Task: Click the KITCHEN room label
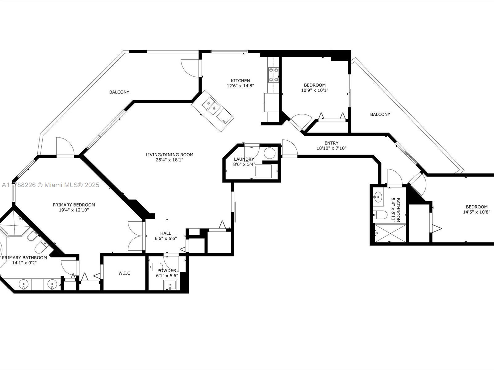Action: tap(240, 80)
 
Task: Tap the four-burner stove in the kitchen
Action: tap(274, 75)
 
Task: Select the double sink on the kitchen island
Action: tap(211, 106)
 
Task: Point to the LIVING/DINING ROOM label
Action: tap(169, 154)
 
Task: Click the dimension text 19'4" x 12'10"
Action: tap(74, 210)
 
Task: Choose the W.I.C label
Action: tap(124, 273)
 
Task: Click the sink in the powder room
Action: tap(170, 285)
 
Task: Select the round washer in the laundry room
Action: tap(270, 153)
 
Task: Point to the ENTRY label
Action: tap(331, 143)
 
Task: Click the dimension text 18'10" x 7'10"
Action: tap(331, 148)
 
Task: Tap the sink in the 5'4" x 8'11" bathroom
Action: tap(378, 197)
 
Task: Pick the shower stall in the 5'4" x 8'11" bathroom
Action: tap(390, 233)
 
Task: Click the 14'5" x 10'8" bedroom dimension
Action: tap(476, 212)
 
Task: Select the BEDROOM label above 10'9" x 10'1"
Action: tap(315, 85)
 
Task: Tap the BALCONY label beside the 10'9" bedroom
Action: tap(380, 114)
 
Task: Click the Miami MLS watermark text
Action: tap(50, 185)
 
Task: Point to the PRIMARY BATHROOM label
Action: tap(24, 257)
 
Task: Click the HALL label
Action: tap(165, 233)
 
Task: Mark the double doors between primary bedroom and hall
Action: tap(136, 236)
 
